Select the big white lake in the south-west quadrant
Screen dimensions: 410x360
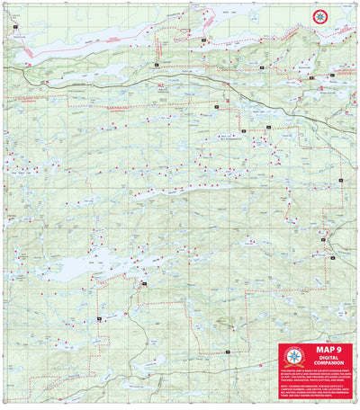click(x=67, y=266)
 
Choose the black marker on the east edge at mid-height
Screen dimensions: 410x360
click(x=343, y=183)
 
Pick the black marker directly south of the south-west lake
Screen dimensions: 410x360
click(x=97, y=319)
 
